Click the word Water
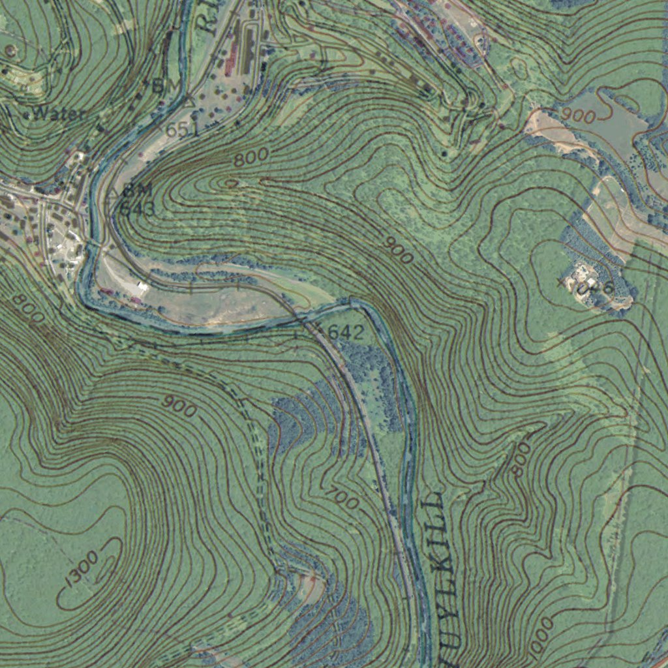coord(59,114)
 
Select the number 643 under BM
coord(138,209)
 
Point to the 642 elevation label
coord(346,333)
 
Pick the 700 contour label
coord(343,499)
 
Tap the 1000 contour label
coord(541,636)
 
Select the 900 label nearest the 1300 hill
coord(179,406)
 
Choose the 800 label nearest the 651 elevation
coord(251,157)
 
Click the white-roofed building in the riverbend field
coord(137,287)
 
